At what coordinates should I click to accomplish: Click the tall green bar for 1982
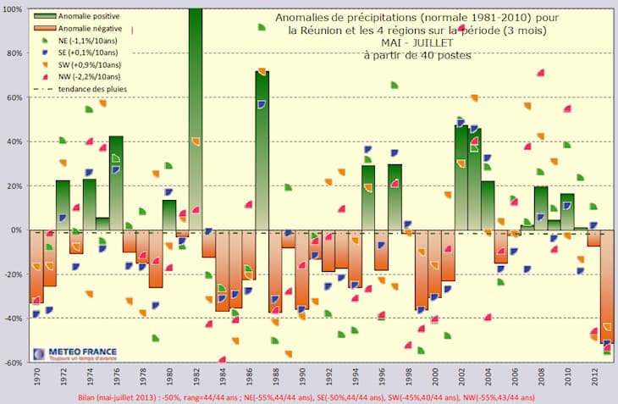196,119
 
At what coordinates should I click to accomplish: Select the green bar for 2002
461,178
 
